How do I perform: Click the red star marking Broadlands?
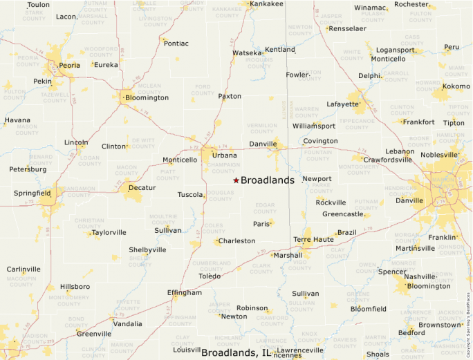236,180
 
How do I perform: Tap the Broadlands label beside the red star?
267,180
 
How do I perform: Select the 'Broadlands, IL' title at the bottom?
236,353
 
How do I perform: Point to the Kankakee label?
266,4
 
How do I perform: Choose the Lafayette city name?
343,105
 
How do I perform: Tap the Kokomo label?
456,86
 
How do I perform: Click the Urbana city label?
224,155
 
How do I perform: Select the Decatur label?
142,187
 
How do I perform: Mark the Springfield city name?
32,193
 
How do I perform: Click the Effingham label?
185,292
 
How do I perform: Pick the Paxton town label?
230,96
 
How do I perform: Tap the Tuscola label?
190,195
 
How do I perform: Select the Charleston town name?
236,241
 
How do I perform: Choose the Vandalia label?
127,323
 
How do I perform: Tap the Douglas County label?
221,196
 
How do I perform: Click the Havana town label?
17,120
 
